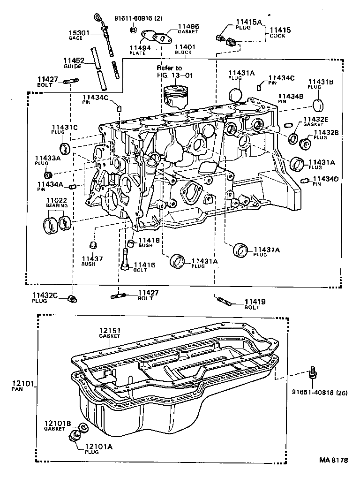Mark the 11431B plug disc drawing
point(318,104)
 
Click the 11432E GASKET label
point(316,122)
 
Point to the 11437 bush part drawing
point(93,245)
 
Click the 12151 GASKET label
point(110,333)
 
